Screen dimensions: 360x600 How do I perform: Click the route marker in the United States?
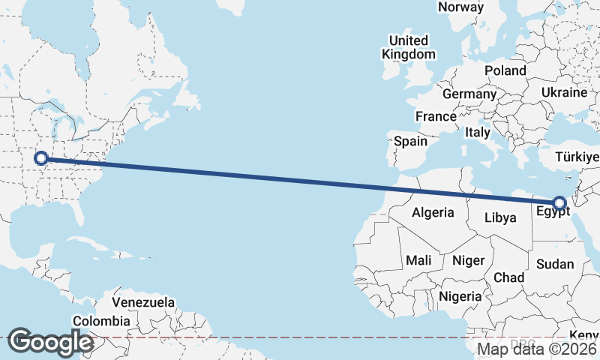coord(41,158)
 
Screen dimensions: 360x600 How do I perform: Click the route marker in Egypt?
coord(559,202)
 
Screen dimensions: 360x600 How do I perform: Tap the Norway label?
coord(460,7)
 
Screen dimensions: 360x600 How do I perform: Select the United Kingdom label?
coord(408,47)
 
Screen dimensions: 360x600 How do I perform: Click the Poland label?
coord(505,70)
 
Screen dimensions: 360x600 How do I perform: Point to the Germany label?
coord(469,94)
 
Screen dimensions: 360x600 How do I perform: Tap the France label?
coord(436,116)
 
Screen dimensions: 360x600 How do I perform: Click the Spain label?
coord(410,141)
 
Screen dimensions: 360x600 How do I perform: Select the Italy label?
coord(478,132)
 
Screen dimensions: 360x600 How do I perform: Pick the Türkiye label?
coord(577,157)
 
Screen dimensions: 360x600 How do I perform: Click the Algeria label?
coord(433,212)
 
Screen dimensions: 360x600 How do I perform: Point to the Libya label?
coord(501,218)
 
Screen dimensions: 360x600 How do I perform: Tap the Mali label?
coord(418,260)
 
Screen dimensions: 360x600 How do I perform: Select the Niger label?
coord(469,260)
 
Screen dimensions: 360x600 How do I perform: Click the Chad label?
coord(508,277)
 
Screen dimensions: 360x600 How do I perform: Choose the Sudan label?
coord(555,264)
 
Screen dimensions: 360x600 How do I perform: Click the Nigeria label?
coord(460,296)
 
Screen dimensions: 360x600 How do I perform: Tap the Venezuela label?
coord(143,303)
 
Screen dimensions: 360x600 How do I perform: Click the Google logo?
coord(51,342)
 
